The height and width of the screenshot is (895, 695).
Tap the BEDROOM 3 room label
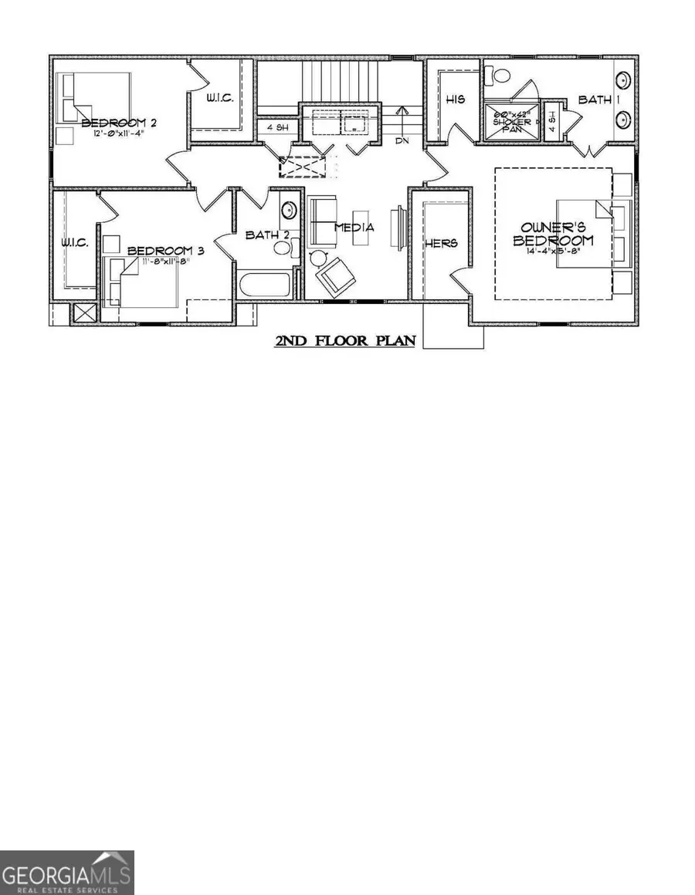(x=165, y=251)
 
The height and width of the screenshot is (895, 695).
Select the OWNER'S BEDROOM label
(x=557, y=234)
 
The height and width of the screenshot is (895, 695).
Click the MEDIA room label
(x=354, y=228)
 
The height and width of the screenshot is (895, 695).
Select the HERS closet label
(x=442, y=243)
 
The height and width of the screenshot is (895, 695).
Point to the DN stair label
(x=401, y=141)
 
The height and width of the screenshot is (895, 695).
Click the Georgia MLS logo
(x=67, y=872)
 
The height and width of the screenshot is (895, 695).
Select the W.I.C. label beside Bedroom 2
(x=219, y=98)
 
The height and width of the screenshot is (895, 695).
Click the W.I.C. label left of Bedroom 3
(x=75, y=242)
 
